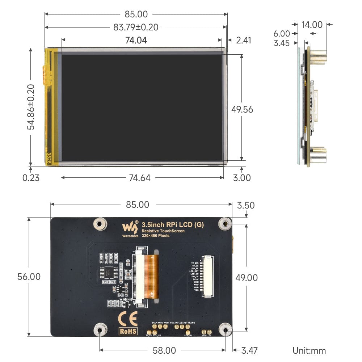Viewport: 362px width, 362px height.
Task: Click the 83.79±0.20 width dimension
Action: [x=136, y=27]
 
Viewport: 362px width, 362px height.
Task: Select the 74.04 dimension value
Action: [x=136, y=40]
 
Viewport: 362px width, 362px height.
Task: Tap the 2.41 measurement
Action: [x=243, y=40]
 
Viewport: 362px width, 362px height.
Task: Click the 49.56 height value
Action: [x=242, y=109]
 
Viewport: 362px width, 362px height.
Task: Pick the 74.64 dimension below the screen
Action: [x=140, y=178]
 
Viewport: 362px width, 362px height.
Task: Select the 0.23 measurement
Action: [x=31, y=178]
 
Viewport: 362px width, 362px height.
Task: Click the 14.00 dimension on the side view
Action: [x=312, y=25]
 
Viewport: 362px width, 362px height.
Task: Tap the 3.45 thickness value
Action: [x=282, y=43]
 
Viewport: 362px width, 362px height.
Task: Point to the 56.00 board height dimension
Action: [x=29, y=277]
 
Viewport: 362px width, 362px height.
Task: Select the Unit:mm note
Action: [x=309, y=350]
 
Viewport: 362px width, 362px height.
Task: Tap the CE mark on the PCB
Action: [x=128, y=319]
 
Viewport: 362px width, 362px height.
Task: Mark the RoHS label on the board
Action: [x=128, y=331]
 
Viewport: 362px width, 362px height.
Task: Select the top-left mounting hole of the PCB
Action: [x=100, y=224]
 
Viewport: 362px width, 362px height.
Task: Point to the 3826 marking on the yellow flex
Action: [x=49, y=158]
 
